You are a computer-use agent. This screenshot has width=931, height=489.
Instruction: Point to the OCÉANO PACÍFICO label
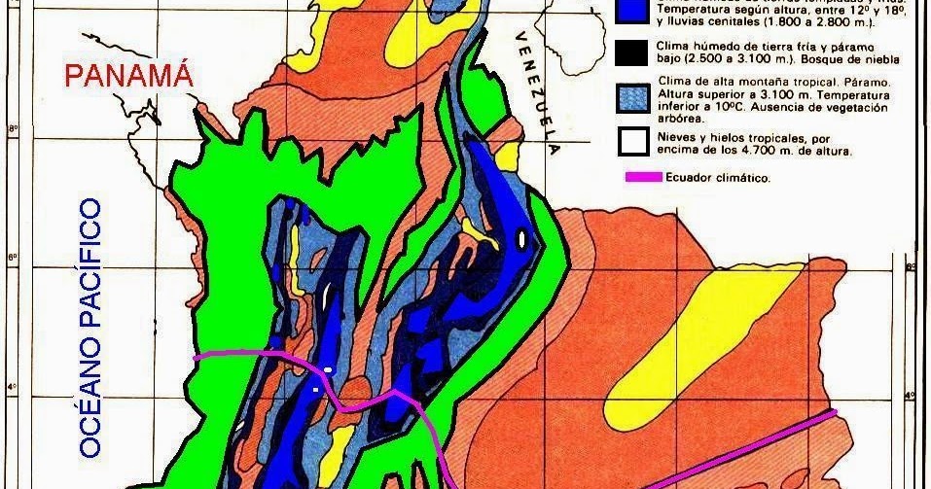click(x=90, y=328)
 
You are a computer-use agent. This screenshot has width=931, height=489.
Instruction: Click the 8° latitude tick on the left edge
click(x=12, y=126)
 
